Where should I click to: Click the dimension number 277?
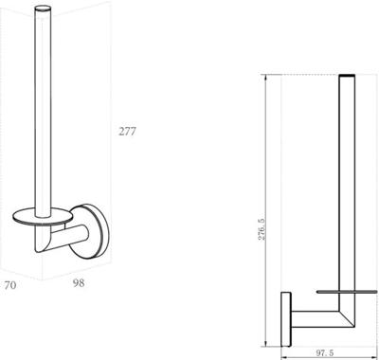tap(127, 131)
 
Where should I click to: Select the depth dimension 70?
tap(10, 285)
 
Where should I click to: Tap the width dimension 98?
tap(79, 283)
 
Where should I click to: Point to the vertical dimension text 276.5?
tap(262, 229)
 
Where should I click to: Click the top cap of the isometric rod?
tap(43, 9)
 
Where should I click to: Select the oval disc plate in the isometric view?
tap(43, 216)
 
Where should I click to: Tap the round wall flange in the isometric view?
tap(89, 231)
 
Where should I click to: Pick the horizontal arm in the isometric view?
tap(67, 236)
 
